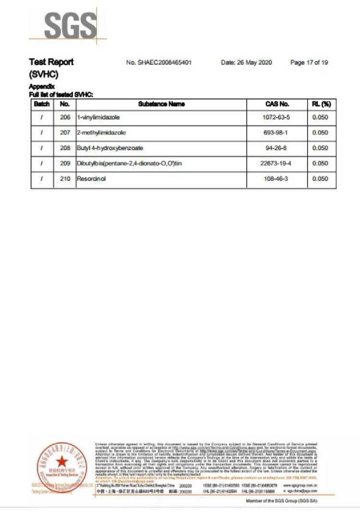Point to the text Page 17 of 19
coord(309,62)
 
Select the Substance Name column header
coord(161,104)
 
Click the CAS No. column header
coord(277,104)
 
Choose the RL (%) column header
coord(322,104)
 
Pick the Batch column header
coord(42,104)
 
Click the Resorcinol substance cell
coord(91,179)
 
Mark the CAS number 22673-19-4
coord(277,164)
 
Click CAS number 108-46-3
coord(277,179)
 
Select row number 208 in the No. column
coord(65,148)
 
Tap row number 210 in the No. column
coord(65,179)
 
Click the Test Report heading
coord(51,62)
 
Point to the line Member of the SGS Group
coord(281,501)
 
